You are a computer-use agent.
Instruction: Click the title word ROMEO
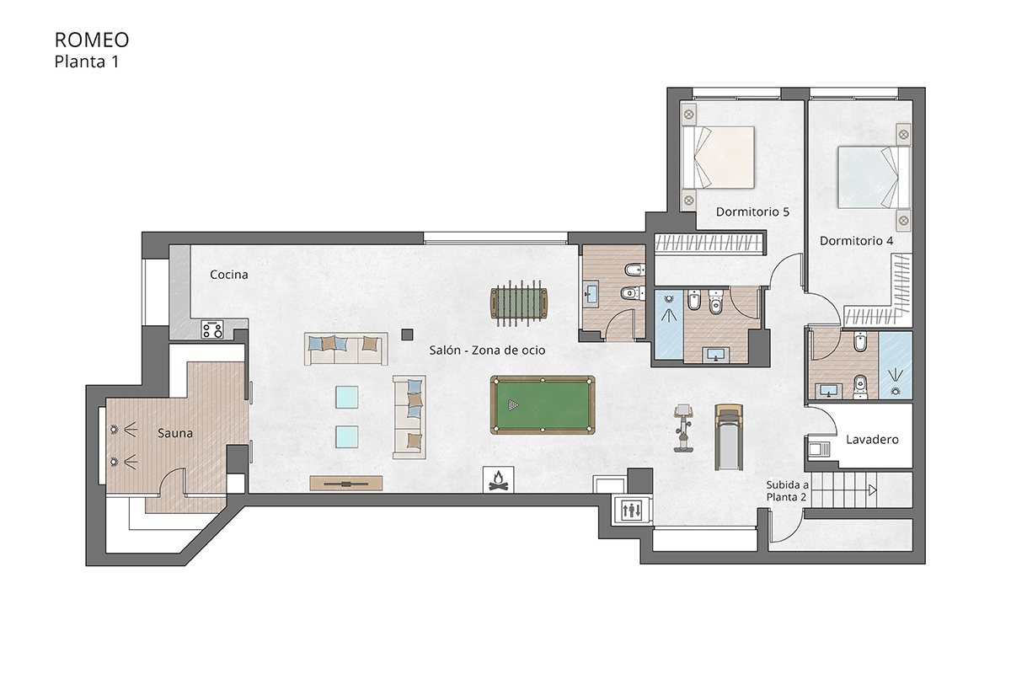coord(92,40)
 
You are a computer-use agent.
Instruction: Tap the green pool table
coord(543,405)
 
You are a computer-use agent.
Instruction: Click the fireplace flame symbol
coord(498,479)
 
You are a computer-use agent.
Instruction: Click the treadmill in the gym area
coord(729,436)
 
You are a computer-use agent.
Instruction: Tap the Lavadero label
coord(872,440)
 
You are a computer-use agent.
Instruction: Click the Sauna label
coord(175,433)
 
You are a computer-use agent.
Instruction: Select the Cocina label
coord(228,275)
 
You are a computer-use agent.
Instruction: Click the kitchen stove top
coord(212,329)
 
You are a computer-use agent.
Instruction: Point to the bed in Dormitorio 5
coord(722,158)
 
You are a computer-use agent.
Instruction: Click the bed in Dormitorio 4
coord(873,178)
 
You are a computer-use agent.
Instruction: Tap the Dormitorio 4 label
coord(856,241)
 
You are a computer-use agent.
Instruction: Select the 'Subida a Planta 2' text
coord(787,491)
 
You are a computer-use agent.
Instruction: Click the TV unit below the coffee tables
coord(346,483)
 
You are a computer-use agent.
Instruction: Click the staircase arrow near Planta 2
coord(872,489)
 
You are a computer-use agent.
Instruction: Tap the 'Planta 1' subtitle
coord(87,61)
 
